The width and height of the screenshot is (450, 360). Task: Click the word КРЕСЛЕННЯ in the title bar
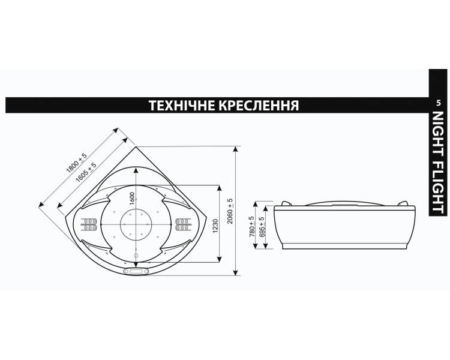[x=259, y=106]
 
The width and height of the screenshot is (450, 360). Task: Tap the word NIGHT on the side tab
[x=438, y=134]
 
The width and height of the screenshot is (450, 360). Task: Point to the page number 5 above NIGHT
[x=438, y=103]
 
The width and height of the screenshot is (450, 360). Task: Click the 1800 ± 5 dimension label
[x=76, y=163]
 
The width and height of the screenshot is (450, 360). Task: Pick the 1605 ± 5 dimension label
[x=86, y=173]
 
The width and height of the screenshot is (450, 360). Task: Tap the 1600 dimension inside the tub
[x=132, y=199]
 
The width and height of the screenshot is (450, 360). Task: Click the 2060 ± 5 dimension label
[x=230, y=212]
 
